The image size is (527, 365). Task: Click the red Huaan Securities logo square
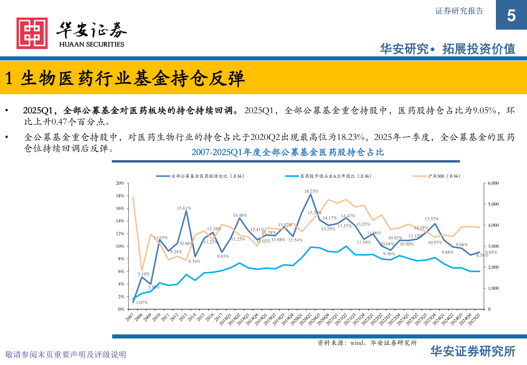point(32,33)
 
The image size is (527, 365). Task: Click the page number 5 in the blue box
point(511,16)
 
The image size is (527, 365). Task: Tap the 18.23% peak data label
point(311,191)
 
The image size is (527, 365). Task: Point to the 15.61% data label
point(184,209)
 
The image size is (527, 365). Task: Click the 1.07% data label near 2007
point(142,303)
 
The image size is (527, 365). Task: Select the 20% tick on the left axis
point(120,183)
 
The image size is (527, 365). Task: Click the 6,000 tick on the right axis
point(493,183)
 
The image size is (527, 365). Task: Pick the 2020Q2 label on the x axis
point(305,319)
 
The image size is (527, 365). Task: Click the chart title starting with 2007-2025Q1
point(287,152)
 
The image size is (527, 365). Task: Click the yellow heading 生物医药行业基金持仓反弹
point(132,78)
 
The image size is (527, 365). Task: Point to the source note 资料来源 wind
point(367,343)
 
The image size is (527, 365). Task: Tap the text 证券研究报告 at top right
point(459,11)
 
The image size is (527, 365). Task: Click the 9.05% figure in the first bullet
point(484,111)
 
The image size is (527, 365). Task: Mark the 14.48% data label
point(240,215)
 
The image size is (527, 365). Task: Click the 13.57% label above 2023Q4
point(432,219)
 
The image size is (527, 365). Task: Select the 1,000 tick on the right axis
point(493,288)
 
